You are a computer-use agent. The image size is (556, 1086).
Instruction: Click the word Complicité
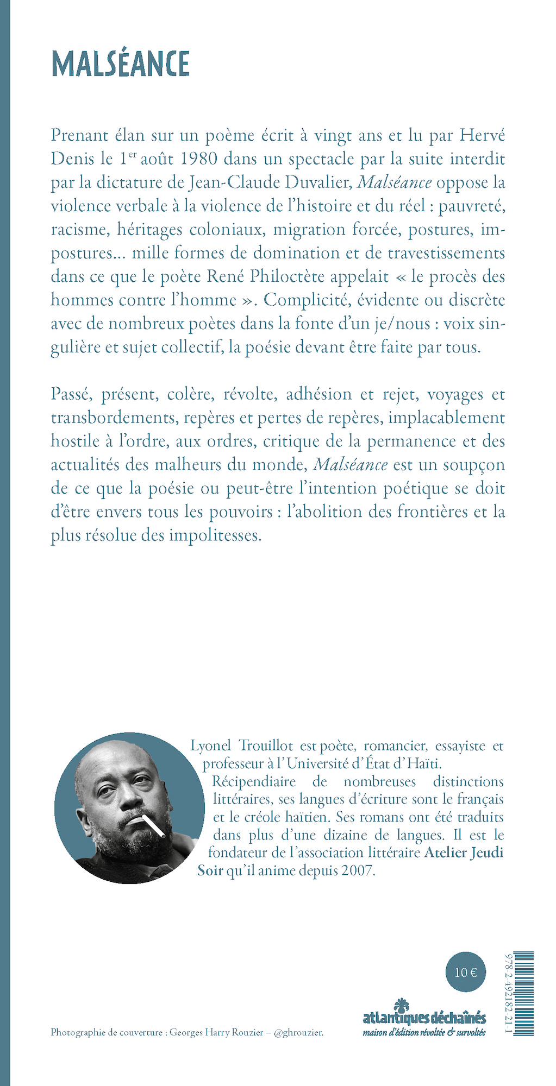pos(307,300)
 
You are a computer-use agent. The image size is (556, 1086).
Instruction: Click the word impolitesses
pos(215,535)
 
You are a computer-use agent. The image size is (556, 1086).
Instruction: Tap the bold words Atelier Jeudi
pos(463,853)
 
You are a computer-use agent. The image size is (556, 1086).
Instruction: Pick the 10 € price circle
pos(466,972)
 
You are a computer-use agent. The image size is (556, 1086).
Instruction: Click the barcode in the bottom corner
pos(523,993)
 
